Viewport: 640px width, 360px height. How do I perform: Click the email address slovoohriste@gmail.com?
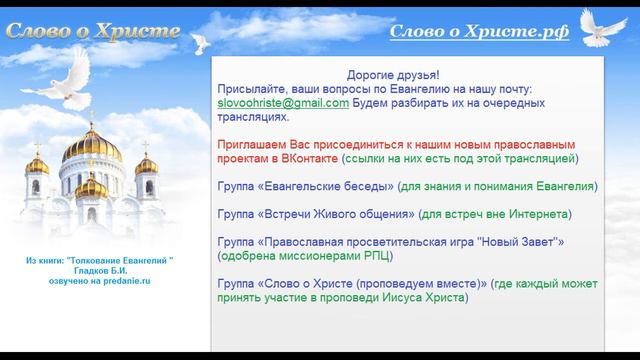point(283,103)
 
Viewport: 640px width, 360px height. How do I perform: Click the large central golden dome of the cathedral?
point(97,147)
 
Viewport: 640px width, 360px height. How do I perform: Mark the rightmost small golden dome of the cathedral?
point(147,164)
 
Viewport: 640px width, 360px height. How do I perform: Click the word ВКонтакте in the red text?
point(308,158)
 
